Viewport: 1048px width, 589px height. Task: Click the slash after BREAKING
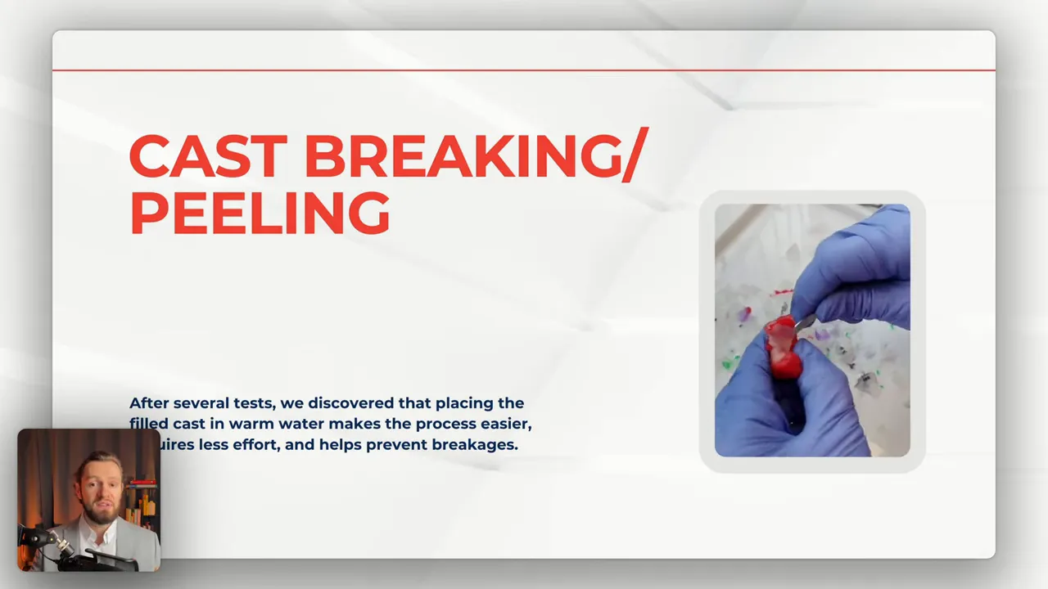pos(633,156)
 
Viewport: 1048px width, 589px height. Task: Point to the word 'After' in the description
pos(149,403)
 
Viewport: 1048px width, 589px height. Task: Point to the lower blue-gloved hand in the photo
pos(786,409)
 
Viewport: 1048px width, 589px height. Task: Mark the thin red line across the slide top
pos(524,70)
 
